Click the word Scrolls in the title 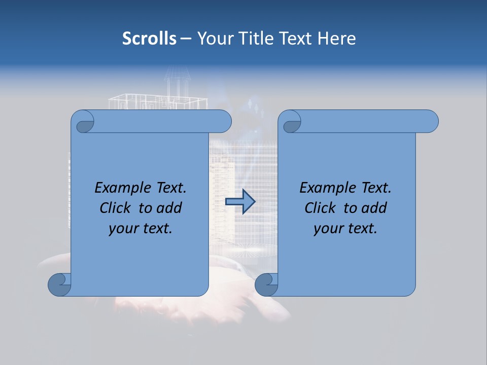point(149,39)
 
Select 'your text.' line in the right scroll point(345,228)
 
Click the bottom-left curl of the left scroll point(60,285)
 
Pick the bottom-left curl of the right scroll point(267,285)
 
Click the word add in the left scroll point(169,208)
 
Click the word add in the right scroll point(374,208)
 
